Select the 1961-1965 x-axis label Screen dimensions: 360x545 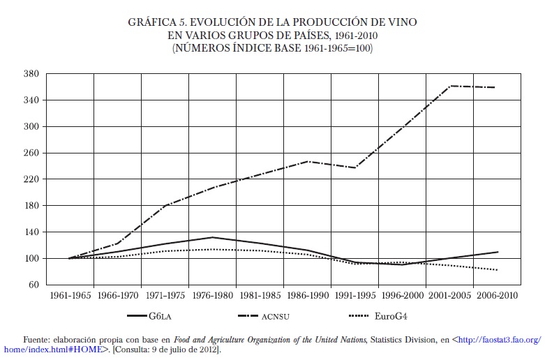click(70, 295)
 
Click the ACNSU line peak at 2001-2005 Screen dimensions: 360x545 click(451, 86)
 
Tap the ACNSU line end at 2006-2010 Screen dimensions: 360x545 click(495, 87)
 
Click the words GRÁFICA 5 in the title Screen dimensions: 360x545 click(154, 22)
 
